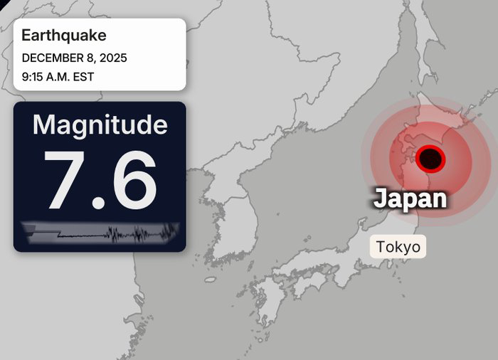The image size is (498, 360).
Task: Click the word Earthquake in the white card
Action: click(64, 35)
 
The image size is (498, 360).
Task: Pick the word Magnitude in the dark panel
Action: click(100, 125)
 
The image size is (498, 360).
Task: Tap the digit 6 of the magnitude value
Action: click(133, 180)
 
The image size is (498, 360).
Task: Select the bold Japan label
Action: click(410, 198)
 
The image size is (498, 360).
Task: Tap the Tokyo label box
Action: click(398, 247)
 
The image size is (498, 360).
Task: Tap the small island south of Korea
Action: click(211, 280)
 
